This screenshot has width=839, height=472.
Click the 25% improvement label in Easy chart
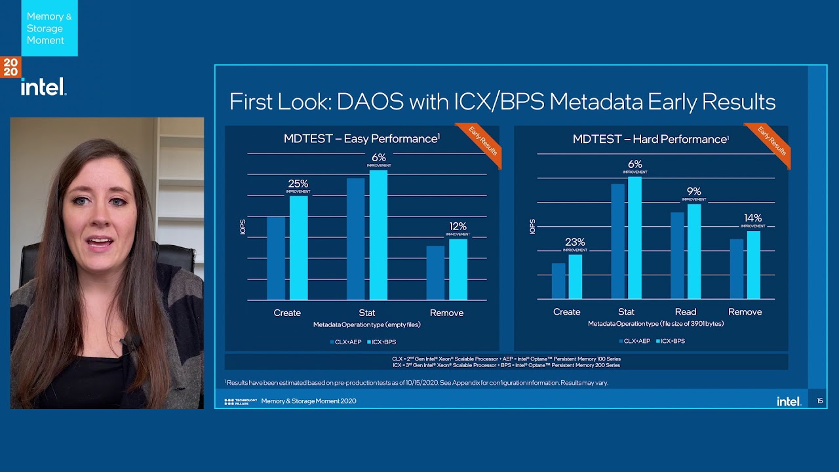coord(298,185)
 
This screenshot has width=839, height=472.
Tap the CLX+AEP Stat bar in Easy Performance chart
coord(355,239)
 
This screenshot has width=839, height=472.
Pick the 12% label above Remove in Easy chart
coord(458,227)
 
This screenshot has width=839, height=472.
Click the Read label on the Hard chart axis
coord(686,312)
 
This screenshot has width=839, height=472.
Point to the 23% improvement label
coord(575,243)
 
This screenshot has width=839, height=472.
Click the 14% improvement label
coord(753,219)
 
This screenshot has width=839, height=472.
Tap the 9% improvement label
coord(693,193)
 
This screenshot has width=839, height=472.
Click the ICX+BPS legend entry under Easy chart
coord(381,342)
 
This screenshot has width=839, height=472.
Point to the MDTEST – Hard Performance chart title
coord(650,139)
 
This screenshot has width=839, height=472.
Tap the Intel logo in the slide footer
coord(789,401)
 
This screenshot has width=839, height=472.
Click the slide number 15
coord(819,401)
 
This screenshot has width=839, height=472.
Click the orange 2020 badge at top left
coord(10,67)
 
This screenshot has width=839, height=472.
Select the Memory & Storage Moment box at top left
coord(49,28)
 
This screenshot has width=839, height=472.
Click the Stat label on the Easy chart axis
coord(367,313)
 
